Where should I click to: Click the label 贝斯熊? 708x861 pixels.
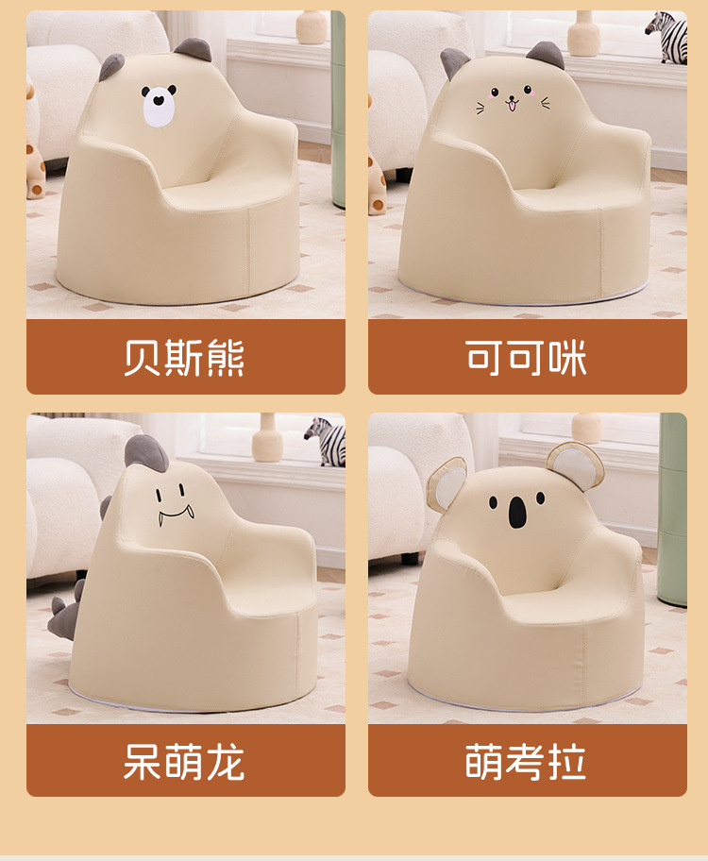[185, 358]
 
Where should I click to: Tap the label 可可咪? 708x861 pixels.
[527, 358]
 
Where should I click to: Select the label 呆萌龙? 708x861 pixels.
[185, 761]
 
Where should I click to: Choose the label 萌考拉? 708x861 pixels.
[527, 761]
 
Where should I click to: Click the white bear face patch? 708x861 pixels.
[159, 106]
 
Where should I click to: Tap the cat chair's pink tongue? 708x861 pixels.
[513, 107]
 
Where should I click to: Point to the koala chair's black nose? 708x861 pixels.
[517, 512]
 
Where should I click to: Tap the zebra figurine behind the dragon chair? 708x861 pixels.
[326, 441]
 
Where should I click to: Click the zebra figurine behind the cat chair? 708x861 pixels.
[667, 37]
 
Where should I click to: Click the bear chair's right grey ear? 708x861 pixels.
[193, 50]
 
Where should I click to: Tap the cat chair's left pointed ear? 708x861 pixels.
[455, 63]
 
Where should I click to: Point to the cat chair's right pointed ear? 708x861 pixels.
[547, 55]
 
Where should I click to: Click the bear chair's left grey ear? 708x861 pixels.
[111, 67]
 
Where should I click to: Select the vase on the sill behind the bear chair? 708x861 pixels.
[311, 27]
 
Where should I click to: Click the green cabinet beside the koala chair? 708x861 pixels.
[673, 510]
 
